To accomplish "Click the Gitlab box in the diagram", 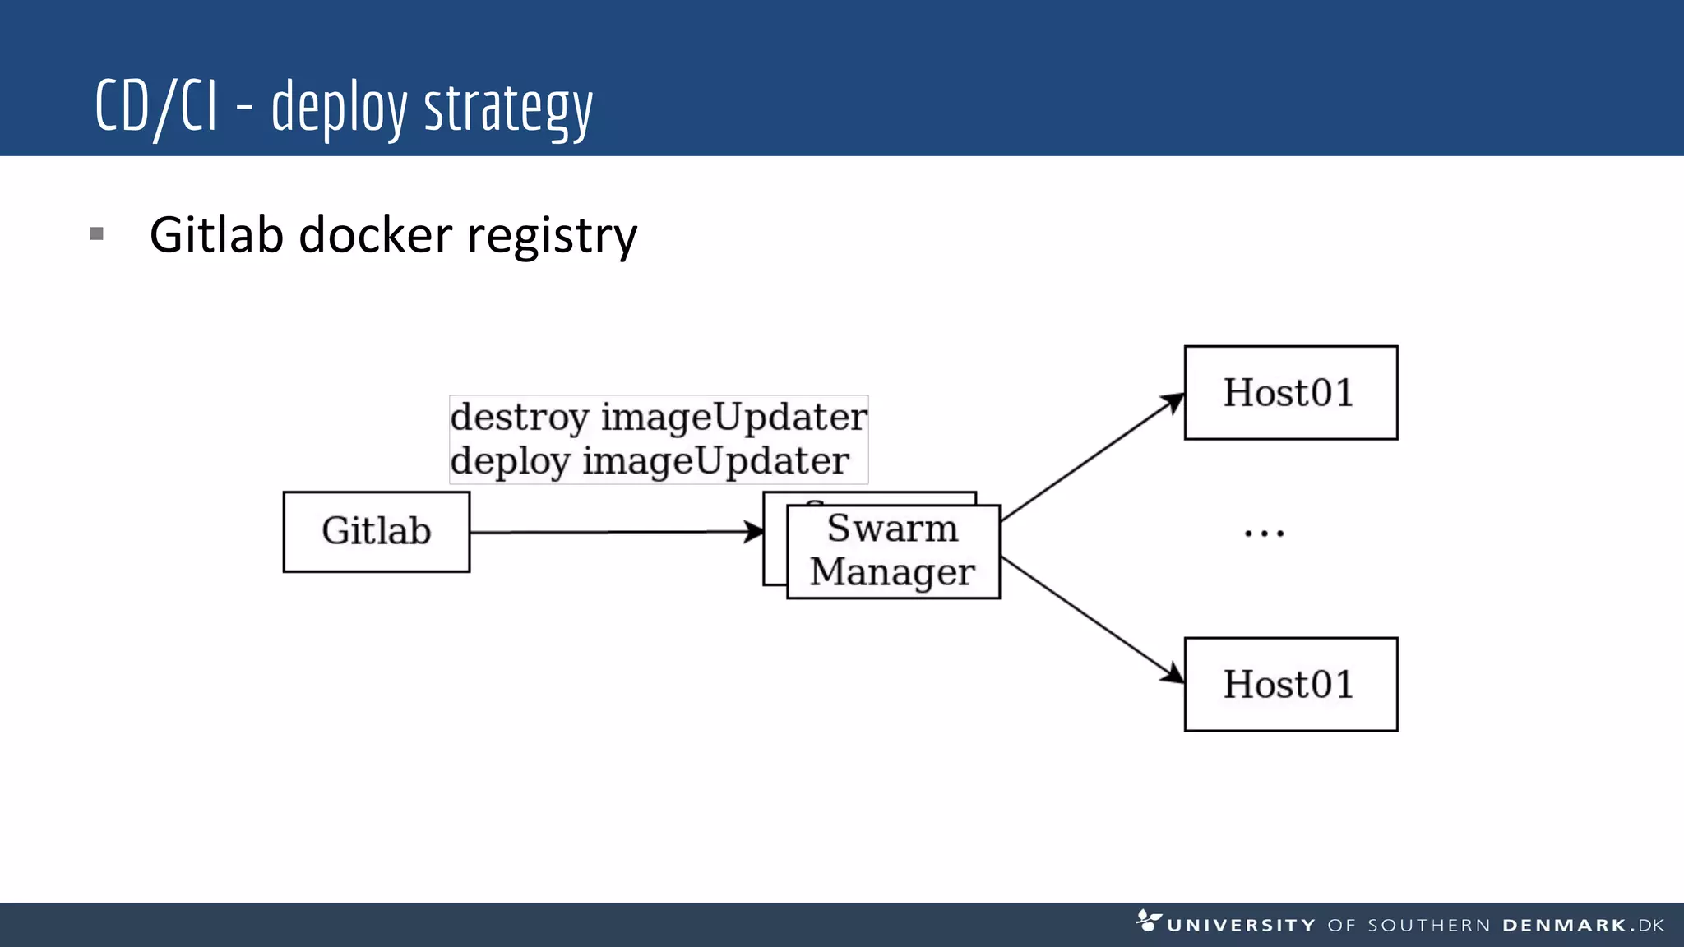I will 376,531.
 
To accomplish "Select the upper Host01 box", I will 1290,393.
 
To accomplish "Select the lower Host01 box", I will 1290,684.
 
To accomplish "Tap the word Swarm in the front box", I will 892,528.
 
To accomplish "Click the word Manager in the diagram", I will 892,572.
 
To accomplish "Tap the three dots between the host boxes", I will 1264,534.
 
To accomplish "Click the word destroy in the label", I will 520,418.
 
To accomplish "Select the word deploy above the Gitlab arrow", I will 510,461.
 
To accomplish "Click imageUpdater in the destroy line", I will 733,418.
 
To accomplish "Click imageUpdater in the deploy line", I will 715,461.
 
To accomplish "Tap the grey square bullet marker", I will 97,234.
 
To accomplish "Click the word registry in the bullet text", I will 552,237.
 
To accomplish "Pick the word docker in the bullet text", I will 375,235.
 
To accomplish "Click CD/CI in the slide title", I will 156,107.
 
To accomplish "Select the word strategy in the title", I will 507,109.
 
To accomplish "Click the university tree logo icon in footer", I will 1148,921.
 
